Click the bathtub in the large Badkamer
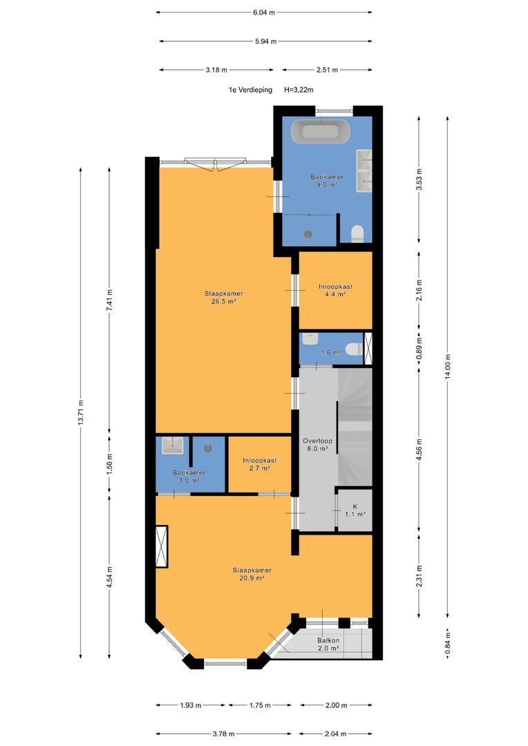coord(321,131)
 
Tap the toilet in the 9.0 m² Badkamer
coord(357,234)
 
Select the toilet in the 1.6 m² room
coord(355,350)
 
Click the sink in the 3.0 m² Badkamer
coord(172,446)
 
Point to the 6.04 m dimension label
coord(264,12)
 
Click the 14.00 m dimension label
coord(448,366)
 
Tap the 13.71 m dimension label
coord(81,412)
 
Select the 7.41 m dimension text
coord(109,300)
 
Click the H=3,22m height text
coord(299,89)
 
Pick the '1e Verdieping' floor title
coord(250,89)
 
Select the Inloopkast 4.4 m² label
coord(336,290)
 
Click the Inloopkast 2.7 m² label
coord(259,464)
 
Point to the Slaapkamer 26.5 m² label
coord(224,297)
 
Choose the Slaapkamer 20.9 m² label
coord(252,574)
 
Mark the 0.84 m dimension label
coord(448,642)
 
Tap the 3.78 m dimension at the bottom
coord(223,734)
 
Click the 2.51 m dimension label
coord(327,70)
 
